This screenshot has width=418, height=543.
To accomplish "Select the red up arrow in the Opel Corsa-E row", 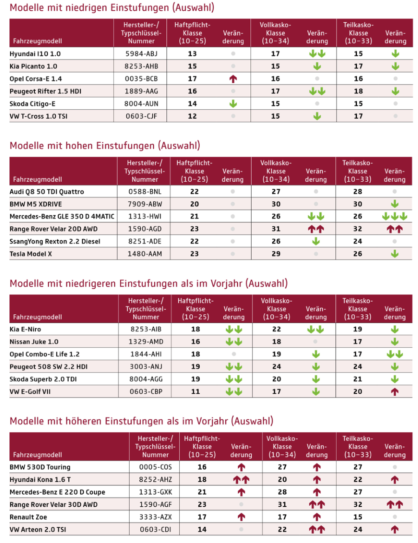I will [x=233, y=79].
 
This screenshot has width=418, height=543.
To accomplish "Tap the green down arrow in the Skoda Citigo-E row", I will [x=233, y=104].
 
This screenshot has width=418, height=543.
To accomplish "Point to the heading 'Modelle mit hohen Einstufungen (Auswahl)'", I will [x=104, y=146].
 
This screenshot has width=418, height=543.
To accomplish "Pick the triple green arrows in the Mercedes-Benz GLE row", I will [x=394, y=216].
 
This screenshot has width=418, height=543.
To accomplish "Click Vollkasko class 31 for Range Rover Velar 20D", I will [x=276, y=229].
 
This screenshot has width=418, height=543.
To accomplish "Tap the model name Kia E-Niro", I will [x=25, y=329].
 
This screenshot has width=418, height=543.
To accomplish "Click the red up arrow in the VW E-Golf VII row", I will [x=394, y=392].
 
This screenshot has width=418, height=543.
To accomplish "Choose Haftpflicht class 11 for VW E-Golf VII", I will [x=196, y=391].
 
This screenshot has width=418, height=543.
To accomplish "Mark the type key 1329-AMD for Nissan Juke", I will [x=146, y=342].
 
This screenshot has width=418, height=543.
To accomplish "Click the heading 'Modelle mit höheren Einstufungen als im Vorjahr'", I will [x=141, y=421].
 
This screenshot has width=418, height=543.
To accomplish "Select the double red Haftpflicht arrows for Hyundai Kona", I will [x=241, y=480].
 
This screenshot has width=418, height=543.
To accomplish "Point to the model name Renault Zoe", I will [x=28, y=517].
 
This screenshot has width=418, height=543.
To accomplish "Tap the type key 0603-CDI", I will [x=155, y=530].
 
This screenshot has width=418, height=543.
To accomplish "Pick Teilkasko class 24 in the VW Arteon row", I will [x=358, y=529].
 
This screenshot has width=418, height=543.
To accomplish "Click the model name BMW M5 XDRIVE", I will [x=36, y=204].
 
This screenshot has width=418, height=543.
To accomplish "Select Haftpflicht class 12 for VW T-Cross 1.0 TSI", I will [x=192, y=116].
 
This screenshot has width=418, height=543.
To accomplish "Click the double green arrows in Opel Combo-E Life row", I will [x=394, y=354].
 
